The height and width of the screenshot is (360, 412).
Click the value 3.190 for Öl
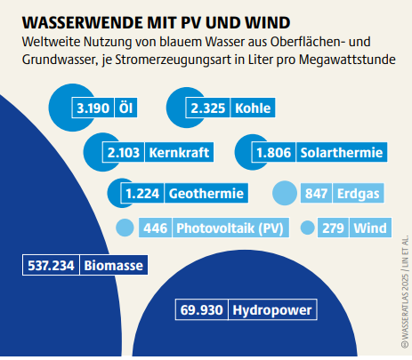(93, 108)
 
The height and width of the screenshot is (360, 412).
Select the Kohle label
(252, 108)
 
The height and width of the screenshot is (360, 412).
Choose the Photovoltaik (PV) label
(229, 228)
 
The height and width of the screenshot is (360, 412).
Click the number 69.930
(200, 311)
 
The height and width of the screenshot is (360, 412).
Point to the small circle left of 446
(124, 228)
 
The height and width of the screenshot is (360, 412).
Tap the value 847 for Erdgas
(317, 193)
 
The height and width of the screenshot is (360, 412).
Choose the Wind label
(368, 228)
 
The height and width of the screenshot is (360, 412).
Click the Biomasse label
(114, 265)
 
